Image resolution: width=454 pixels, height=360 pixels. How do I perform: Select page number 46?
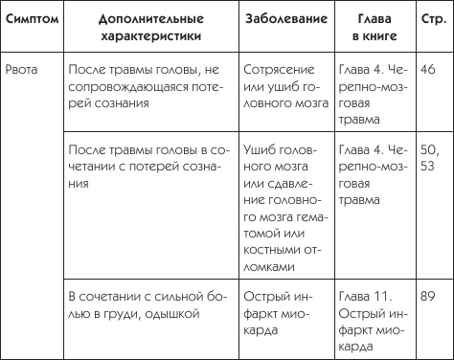tap(427, 70)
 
